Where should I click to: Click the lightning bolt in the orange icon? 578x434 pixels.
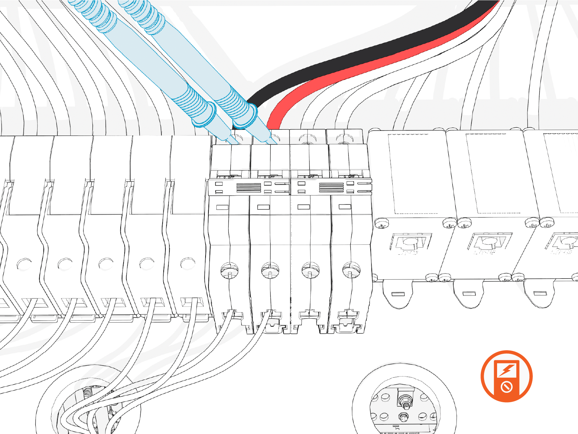pyautogui.click(x=507, y=370)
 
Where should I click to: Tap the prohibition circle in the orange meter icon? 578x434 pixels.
pyautogui.click(x=507, y=387)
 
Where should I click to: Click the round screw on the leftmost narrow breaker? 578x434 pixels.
pyautogui.click(x=229, y=269)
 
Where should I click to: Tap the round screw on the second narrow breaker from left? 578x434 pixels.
pyautogui.click(x=270, y=269)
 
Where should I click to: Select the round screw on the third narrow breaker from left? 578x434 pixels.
pyautogui.click(x=310, y=269)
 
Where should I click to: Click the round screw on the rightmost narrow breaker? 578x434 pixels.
pyautogui.click(x=351, y=269)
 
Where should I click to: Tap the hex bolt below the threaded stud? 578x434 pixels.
pyautogui.click(x=404, y=417)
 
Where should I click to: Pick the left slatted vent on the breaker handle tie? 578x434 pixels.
pyautogui.click(x=249, y=188)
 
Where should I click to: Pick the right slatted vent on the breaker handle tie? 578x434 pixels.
pyautogui.click(x=331, y=188)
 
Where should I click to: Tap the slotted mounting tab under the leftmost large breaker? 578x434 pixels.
pyautogui.click(x=398, y=294)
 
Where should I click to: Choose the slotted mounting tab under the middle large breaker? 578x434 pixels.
pyautogui.click(x=468, y=293)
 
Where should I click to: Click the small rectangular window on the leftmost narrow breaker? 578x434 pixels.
pyautogui.click(x=222, y=207)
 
